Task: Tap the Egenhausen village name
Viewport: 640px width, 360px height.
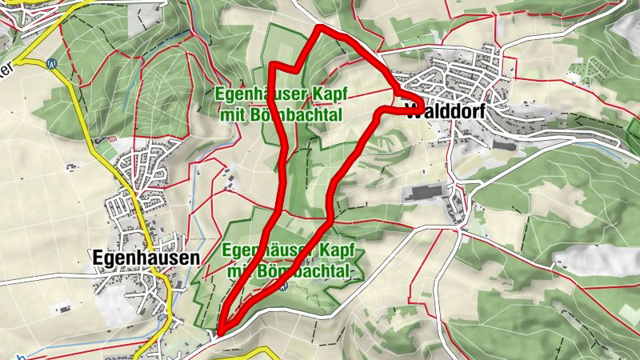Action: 145,259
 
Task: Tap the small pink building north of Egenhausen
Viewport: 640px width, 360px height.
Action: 111,139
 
